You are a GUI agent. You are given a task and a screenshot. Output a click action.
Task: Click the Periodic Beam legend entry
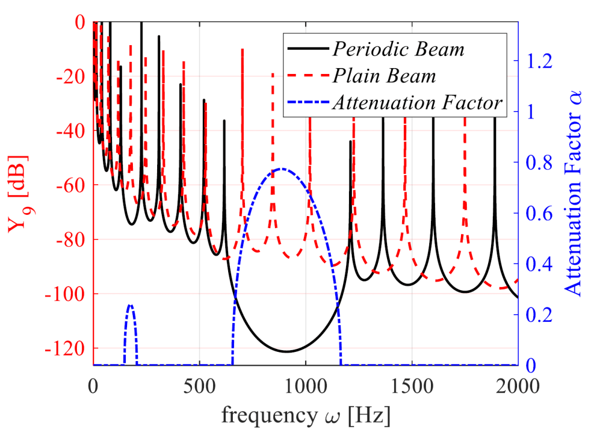coord(397,49)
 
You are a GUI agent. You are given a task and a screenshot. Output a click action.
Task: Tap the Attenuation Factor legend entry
coord(416,103)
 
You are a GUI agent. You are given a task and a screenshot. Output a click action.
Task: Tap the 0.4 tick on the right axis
coord(537,264)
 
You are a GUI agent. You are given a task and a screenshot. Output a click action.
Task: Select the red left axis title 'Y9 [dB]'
coord(17,194)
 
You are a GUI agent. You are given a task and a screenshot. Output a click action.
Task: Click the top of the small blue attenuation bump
coord(131,305)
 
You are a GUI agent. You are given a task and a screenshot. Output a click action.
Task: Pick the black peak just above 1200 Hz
coord(350,141)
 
